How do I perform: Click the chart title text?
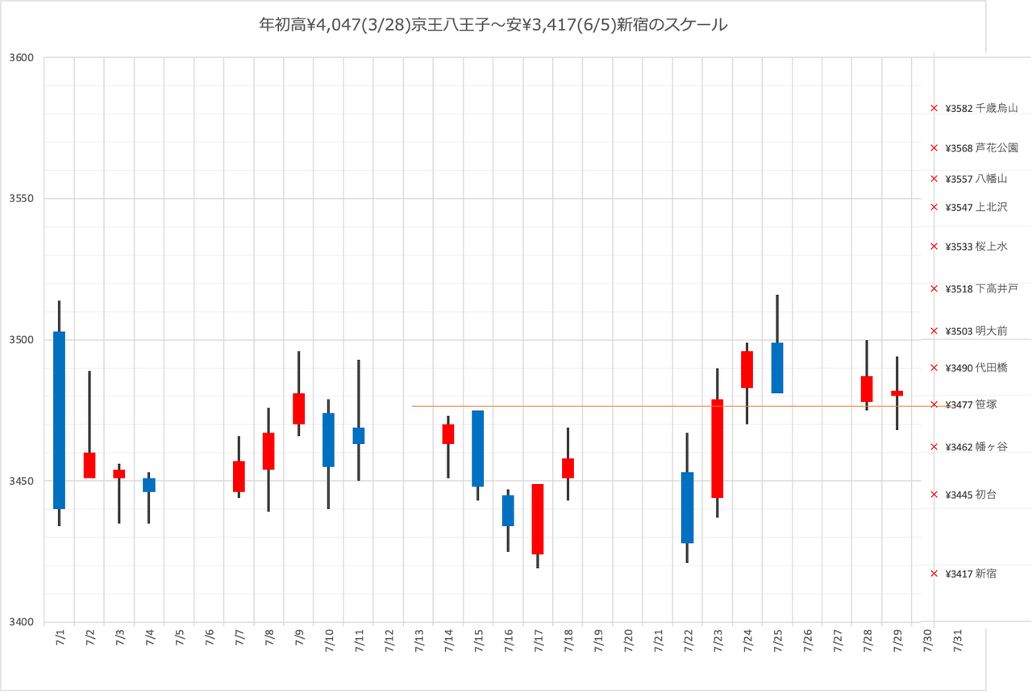tap(493, 26)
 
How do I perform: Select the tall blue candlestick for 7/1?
tap(59, 419)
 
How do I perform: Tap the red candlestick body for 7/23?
tap(718, 448)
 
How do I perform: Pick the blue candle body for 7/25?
tap(777, 368)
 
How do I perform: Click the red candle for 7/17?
tap(538, 519)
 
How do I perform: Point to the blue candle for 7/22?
tap(687, 508)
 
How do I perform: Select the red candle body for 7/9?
tap(298, 408)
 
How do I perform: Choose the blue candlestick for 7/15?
tap(478, 449)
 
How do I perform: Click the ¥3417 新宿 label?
tap(972, 574)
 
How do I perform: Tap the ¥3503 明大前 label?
tap(976, 331)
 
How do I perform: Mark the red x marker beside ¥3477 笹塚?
tap(934, 404)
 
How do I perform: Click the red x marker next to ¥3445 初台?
tap(934, 495)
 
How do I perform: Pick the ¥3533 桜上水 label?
tap(976, 247)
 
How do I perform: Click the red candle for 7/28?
tap(867, 389)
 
